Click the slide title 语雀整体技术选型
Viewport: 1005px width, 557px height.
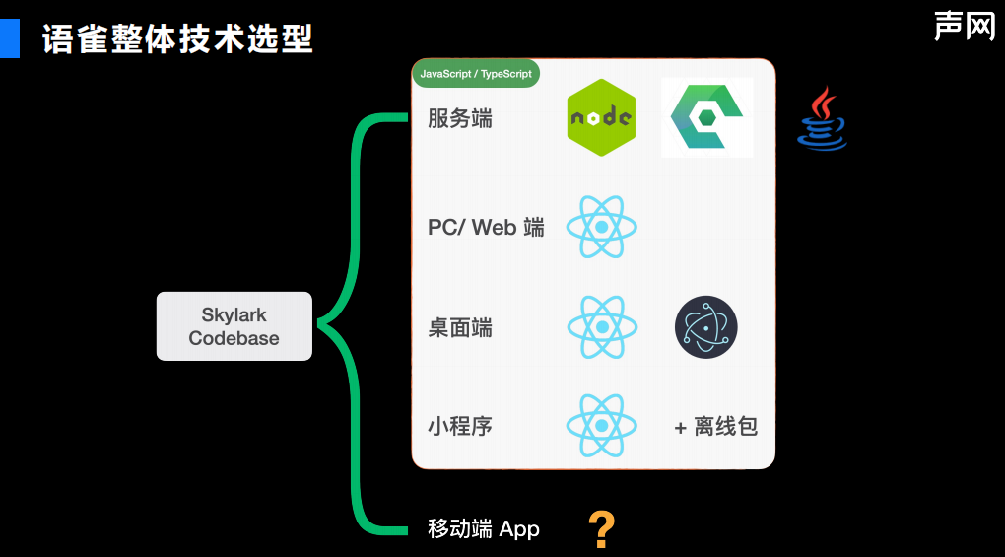click(177, 39)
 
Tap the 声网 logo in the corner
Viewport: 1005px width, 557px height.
click(965, 26)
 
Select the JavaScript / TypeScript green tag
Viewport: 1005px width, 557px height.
click(476, 74)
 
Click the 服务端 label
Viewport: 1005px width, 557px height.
click(460, 119)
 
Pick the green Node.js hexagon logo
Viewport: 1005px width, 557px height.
click(601, 117)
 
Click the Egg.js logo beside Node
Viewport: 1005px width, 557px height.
click(706, 116)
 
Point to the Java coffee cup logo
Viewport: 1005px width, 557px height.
click(822, 119)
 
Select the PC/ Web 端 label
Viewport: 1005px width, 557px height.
click(486, 228)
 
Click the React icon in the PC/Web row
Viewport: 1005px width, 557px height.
click(601, 227)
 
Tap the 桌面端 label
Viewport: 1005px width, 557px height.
click(460, 327)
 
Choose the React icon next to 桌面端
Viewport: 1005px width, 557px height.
click(601, 327)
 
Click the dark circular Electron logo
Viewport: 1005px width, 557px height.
click(705, 327)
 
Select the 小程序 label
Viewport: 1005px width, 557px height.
click(460, 426)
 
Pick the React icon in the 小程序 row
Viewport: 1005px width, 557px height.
click(601, 426)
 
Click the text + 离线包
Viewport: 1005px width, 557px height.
click(715, 427)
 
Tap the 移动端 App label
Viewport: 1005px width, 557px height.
click(484, 528)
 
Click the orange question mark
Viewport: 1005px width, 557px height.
click(601, 529)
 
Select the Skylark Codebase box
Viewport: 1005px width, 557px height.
click(234, 326)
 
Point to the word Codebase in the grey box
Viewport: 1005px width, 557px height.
click(234, 338)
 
